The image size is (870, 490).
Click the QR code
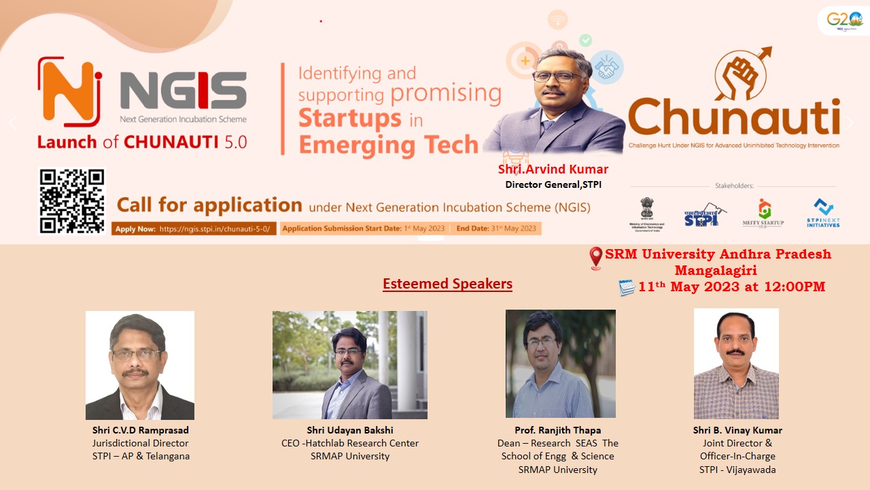72,201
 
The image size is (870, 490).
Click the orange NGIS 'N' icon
69,93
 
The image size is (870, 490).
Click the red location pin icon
596,257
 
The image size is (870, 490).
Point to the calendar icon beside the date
627,287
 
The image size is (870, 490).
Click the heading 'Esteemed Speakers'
447,284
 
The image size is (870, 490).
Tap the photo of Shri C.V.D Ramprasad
140,365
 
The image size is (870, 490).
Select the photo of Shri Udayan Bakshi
350,365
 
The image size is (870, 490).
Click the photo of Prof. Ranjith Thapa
561,364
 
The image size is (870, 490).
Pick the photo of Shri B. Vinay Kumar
736,363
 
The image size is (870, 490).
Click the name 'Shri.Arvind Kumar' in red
553,169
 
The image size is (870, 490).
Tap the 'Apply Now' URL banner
194,229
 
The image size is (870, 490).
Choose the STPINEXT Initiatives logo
824,213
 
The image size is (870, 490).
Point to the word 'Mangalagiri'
718,270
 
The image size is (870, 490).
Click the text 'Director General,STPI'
553,184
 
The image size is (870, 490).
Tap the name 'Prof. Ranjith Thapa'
557,430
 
